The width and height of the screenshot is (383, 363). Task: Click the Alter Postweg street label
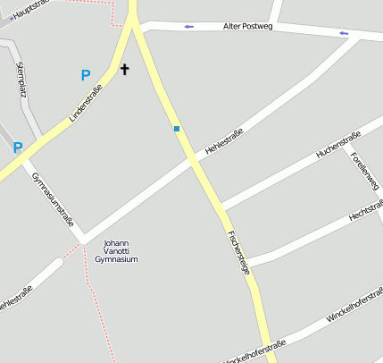point(246,28)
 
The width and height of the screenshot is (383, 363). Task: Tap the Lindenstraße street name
point(86,102)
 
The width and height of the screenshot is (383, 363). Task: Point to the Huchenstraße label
point(337,145)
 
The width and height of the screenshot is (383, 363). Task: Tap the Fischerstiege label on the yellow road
point(238,252)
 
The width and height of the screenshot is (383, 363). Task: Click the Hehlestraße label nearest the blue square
point(225,143)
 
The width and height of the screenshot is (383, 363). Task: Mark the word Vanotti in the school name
point(116,251)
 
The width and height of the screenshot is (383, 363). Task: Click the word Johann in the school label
point(116,243)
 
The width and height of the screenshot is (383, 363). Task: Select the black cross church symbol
point(125,69)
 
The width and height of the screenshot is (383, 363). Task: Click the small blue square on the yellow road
point(177,129)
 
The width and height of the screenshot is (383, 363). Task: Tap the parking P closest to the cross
point(86,76)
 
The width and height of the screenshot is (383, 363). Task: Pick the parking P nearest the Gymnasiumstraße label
point(18,148)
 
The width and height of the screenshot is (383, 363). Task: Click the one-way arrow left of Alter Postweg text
point(189,27)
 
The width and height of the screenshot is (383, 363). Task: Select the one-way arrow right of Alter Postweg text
point(344,34)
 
